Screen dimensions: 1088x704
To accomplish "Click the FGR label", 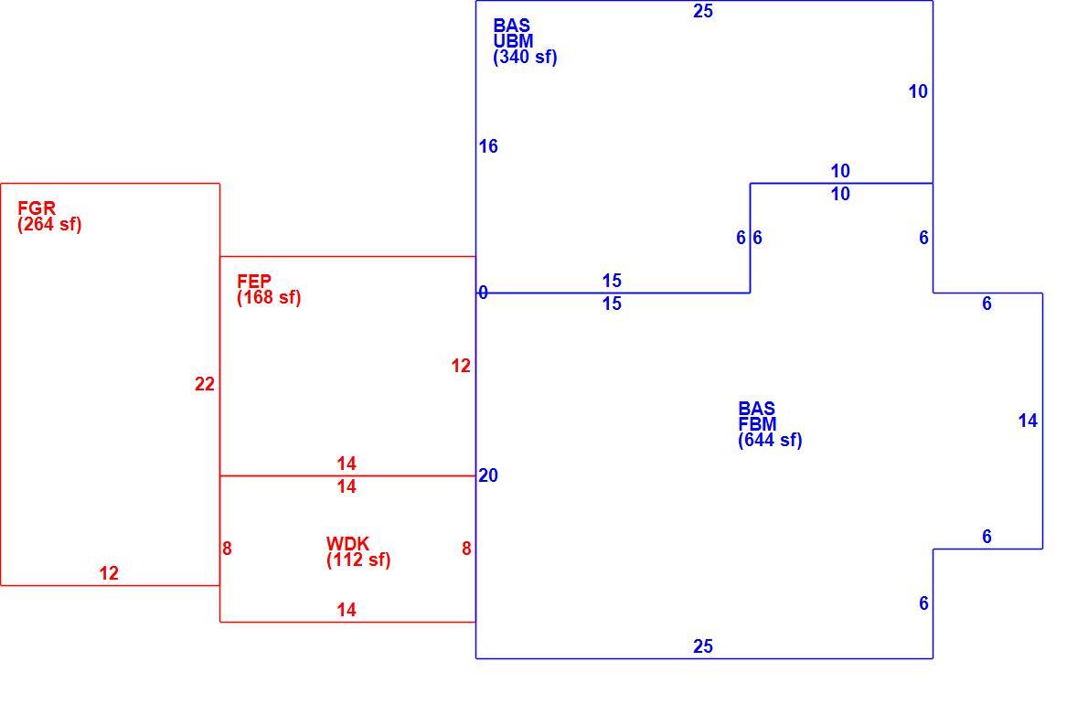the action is click(x=37, y=208).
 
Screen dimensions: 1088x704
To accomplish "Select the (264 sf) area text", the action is click(x=49, y=224).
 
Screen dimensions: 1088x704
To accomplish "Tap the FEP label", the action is click(x=254, y=281).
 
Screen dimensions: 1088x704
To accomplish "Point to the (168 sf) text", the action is click(x=269, y=297).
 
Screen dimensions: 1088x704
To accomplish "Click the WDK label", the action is click(x=347, y=543).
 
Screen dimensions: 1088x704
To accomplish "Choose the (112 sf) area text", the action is click(x=358, y=560).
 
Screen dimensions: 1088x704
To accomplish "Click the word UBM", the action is click(x=514, y=41).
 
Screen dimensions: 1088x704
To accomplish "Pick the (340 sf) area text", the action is click(x=526, y=57).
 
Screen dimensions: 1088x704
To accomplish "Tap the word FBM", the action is click(x=758, y=424).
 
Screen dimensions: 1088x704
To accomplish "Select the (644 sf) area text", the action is click(x=770, y=441).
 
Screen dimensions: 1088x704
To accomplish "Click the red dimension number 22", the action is click(x=205, y=384).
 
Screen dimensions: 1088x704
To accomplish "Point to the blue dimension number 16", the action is click(x=488, y=146).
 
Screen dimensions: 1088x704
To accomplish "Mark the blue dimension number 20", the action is click(x=488, y=475).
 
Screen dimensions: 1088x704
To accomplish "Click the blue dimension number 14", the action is click(x=1028, y=421).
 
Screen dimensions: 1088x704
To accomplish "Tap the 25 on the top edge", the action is click(x=703, y=11).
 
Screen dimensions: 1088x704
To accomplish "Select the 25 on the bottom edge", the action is click(x=703, y=646).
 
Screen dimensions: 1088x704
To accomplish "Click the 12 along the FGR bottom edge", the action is click(x=109, y=573).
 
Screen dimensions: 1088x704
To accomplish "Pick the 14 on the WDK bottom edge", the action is click(x=347, y=610).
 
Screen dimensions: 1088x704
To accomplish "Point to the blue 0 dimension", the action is click(x=483, y=293).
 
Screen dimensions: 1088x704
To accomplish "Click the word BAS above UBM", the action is click(x=511, y=25).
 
